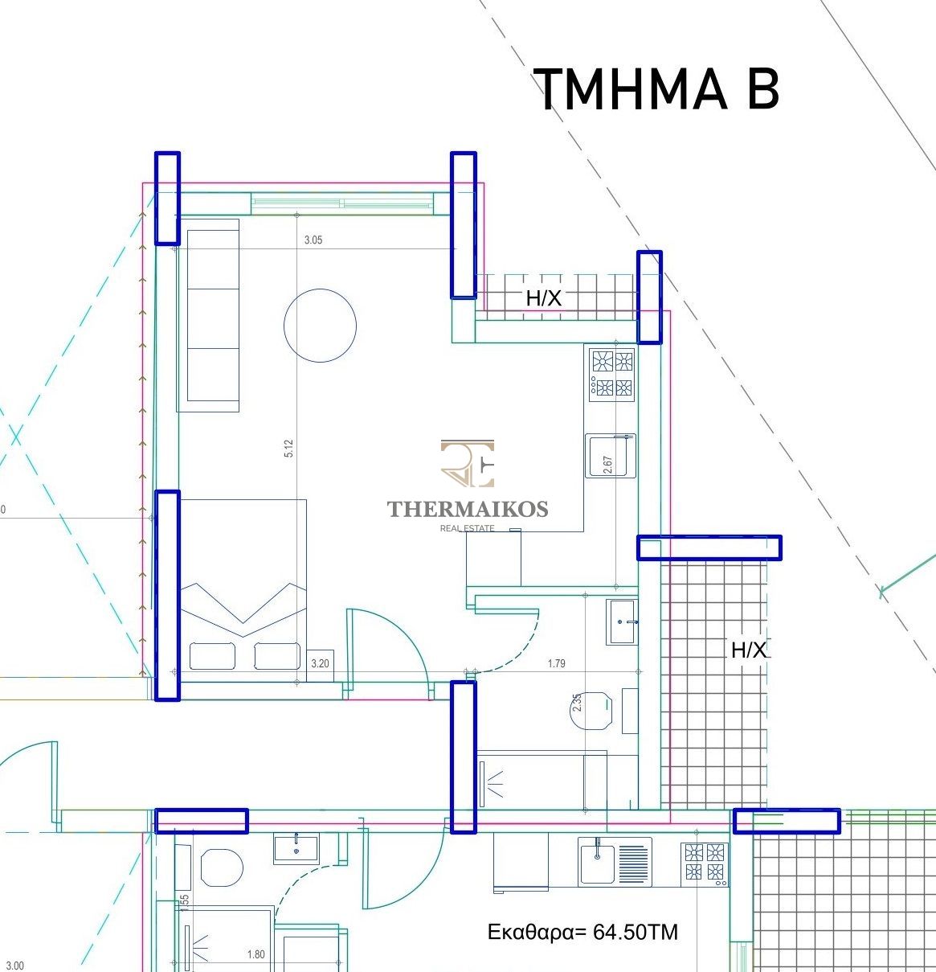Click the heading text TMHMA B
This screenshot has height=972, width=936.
click(656, 89)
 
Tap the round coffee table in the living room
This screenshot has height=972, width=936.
click(320, 325)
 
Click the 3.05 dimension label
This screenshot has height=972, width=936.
click(313, 240)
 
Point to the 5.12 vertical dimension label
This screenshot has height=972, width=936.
click(288, 449)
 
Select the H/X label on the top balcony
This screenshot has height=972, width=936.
click(543, 298)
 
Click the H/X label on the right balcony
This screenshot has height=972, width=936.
click(749, 650)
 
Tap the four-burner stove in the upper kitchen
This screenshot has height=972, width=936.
click(611, 374)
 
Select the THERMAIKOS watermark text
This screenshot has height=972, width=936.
click(468, 509)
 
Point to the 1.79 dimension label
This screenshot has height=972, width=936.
click(556, 664)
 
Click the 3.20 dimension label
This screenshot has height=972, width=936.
click(320, 664)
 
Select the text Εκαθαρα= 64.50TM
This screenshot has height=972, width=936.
click(582, 933)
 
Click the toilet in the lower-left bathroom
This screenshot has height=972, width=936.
click(221, 867)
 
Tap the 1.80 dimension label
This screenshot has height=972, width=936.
click(255, 955)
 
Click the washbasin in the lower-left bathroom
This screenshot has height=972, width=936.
click(296, 847)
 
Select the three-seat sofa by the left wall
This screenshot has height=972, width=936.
click(213, 314)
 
